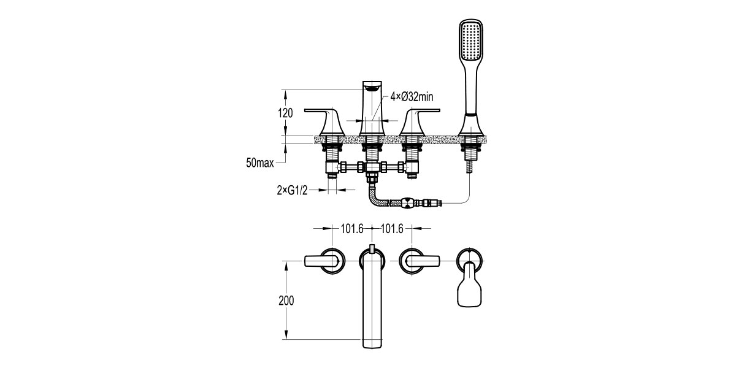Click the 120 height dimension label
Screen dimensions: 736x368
[x=285, y=113]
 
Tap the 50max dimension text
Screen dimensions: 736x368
[x=260, y=163]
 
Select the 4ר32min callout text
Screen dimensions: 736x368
[x=412, y=97]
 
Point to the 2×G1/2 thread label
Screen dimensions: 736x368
[x=292, y=190]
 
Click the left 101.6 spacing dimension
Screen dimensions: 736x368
[x=352, y=229]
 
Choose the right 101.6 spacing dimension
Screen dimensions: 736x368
[x=392, y=229]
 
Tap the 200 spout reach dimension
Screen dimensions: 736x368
[x=286, y=301]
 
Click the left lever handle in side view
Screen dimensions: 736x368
[x=325, y=122]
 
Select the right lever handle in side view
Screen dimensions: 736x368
[x=420, y=122]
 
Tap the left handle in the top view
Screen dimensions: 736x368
[x=324, y=261]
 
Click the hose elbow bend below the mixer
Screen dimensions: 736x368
[x=375, y=198]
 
